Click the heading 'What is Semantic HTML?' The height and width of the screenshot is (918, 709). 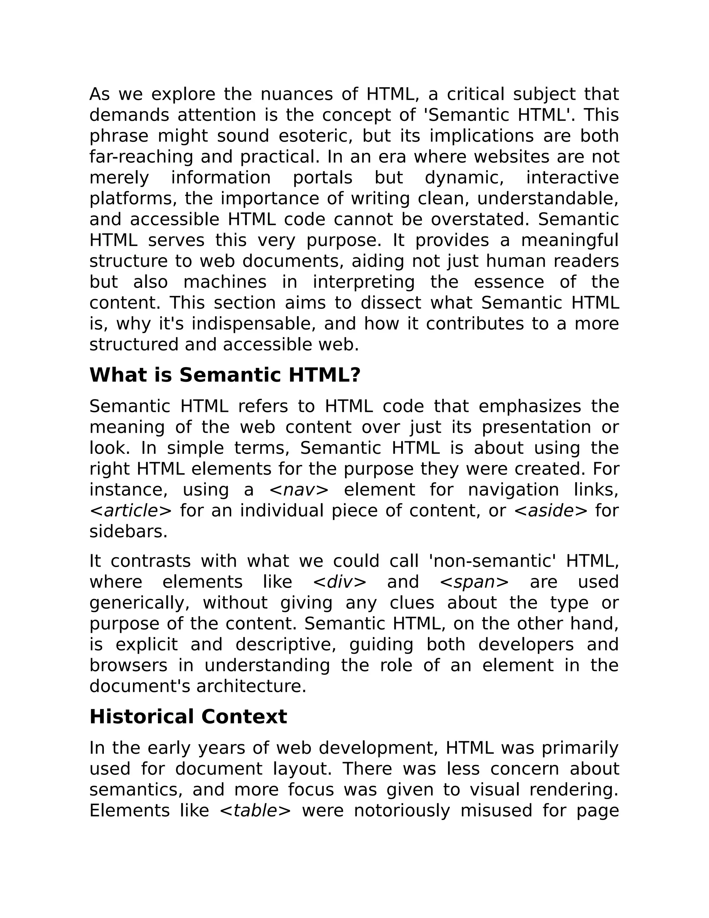(x=225, y=375)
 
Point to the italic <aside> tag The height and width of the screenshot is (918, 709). (x=551, y=511)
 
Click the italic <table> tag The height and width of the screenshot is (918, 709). (x=255, y=810)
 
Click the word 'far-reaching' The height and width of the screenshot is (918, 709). (x=141, y=157)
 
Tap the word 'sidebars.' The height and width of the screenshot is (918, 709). (x=128, y=532)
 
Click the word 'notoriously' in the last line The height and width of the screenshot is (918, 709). (x=402, y=810)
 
